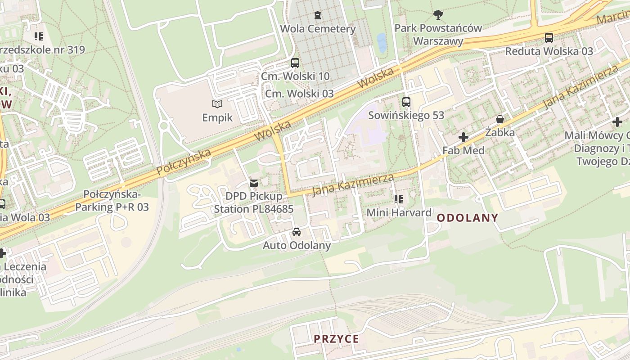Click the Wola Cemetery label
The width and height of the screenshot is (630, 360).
(318, 29)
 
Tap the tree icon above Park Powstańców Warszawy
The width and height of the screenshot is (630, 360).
(438, 15)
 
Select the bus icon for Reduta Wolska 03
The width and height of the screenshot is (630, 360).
(549, 37)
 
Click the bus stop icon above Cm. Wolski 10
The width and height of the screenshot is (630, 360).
(295, 63)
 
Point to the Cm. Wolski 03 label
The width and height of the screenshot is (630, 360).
(299, 94)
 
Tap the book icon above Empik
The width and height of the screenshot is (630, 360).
(217, 104)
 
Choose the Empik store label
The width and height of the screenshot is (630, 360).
(217, 118)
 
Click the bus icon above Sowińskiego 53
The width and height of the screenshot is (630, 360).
(406, 102)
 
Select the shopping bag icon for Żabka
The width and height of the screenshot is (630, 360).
(499, 119)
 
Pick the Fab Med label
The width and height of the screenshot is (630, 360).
(463, 150)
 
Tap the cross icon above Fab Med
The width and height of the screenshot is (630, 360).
(463, 137)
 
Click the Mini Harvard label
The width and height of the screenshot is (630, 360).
(399, 212)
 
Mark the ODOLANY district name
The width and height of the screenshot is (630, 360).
(468, 218)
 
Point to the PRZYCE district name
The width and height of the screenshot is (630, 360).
(337, 339)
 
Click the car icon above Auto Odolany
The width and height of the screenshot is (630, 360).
(297, 232)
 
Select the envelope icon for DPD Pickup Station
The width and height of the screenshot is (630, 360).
(254, 183)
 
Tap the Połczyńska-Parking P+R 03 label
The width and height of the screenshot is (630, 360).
(112, 201)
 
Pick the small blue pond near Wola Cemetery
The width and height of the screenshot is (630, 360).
(382, 43)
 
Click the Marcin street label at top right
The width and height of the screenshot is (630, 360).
(612, 17)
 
